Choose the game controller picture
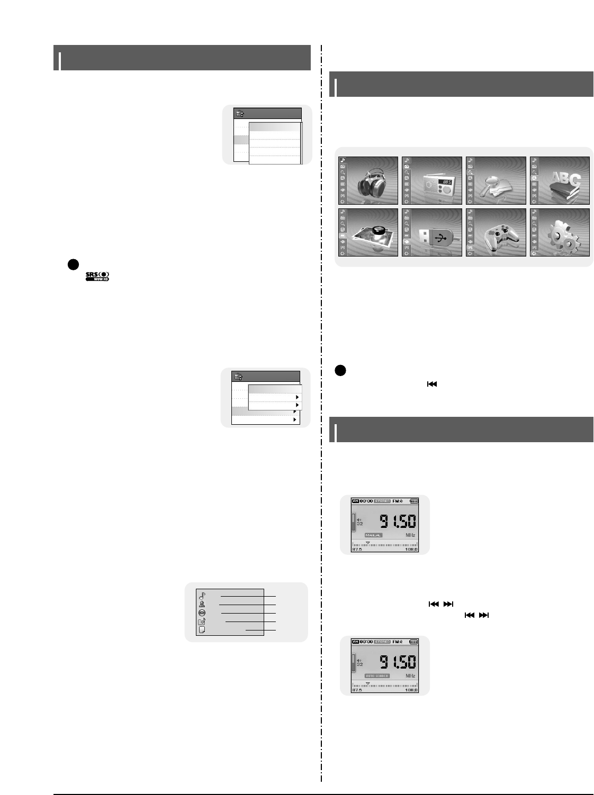pyautogui.click(x=500, y=236)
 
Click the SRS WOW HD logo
pyautogui.click(x=97, y=276)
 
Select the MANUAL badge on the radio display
pyautogui.click(x=373, y=535)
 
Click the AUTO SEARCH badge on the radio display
pyautogui.click(x=377, y=676)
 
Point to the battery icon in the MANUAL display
pyautogui.click(x=414, y=501)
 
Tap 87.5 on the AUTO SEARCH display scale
pyautogui.click(x=357, y=690)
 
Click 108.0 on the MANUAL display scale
pyautogui.click(x=411, y=550)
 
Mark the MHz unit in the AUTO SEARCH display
pyautogui.click(x=410, y=676)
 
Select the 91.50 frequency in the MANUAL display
pyautogui.click(x=398, y=522)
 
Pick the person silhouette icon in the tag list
pyautogui.click(x=202, y=604)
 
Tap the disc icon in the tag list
pyautogui.click(x=202, y=613)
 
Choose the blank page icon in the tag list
pyautogui.click(x=202, y=630)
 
